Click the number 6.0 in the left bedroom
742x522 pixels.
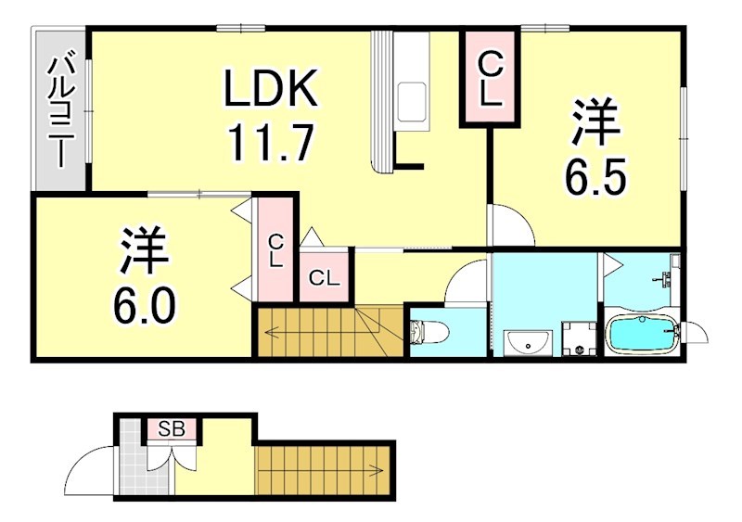pyautogui.click(x=144, y=306)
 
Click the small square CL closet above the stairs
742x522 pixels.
pyautogui.click(x=324, y=276)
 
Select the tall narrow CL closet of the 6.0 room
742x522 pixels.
pyautogui.click(x=275, y=250)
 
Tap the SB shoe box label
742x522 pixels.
pyautogui.click(x=171, y=429)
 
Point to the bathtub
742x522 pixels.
pyautogui.click(x=642, y=335)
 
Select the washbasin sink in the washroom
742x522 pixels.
pyautogui.click(x=527, y=344)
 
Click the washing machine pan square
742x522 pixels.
pyautogui.click(x=580, y=338)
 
